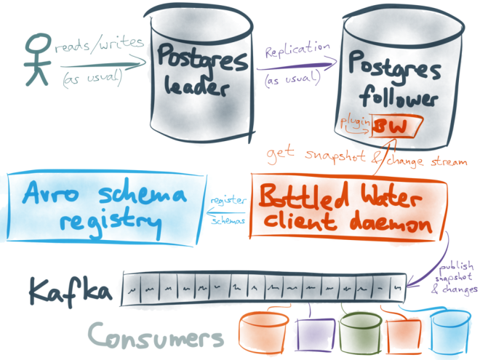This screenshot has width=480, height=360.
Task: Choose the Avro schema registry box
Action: (x=102, y=206)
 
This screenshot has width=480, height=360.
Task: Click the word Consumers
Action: (x=153, y=336)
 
